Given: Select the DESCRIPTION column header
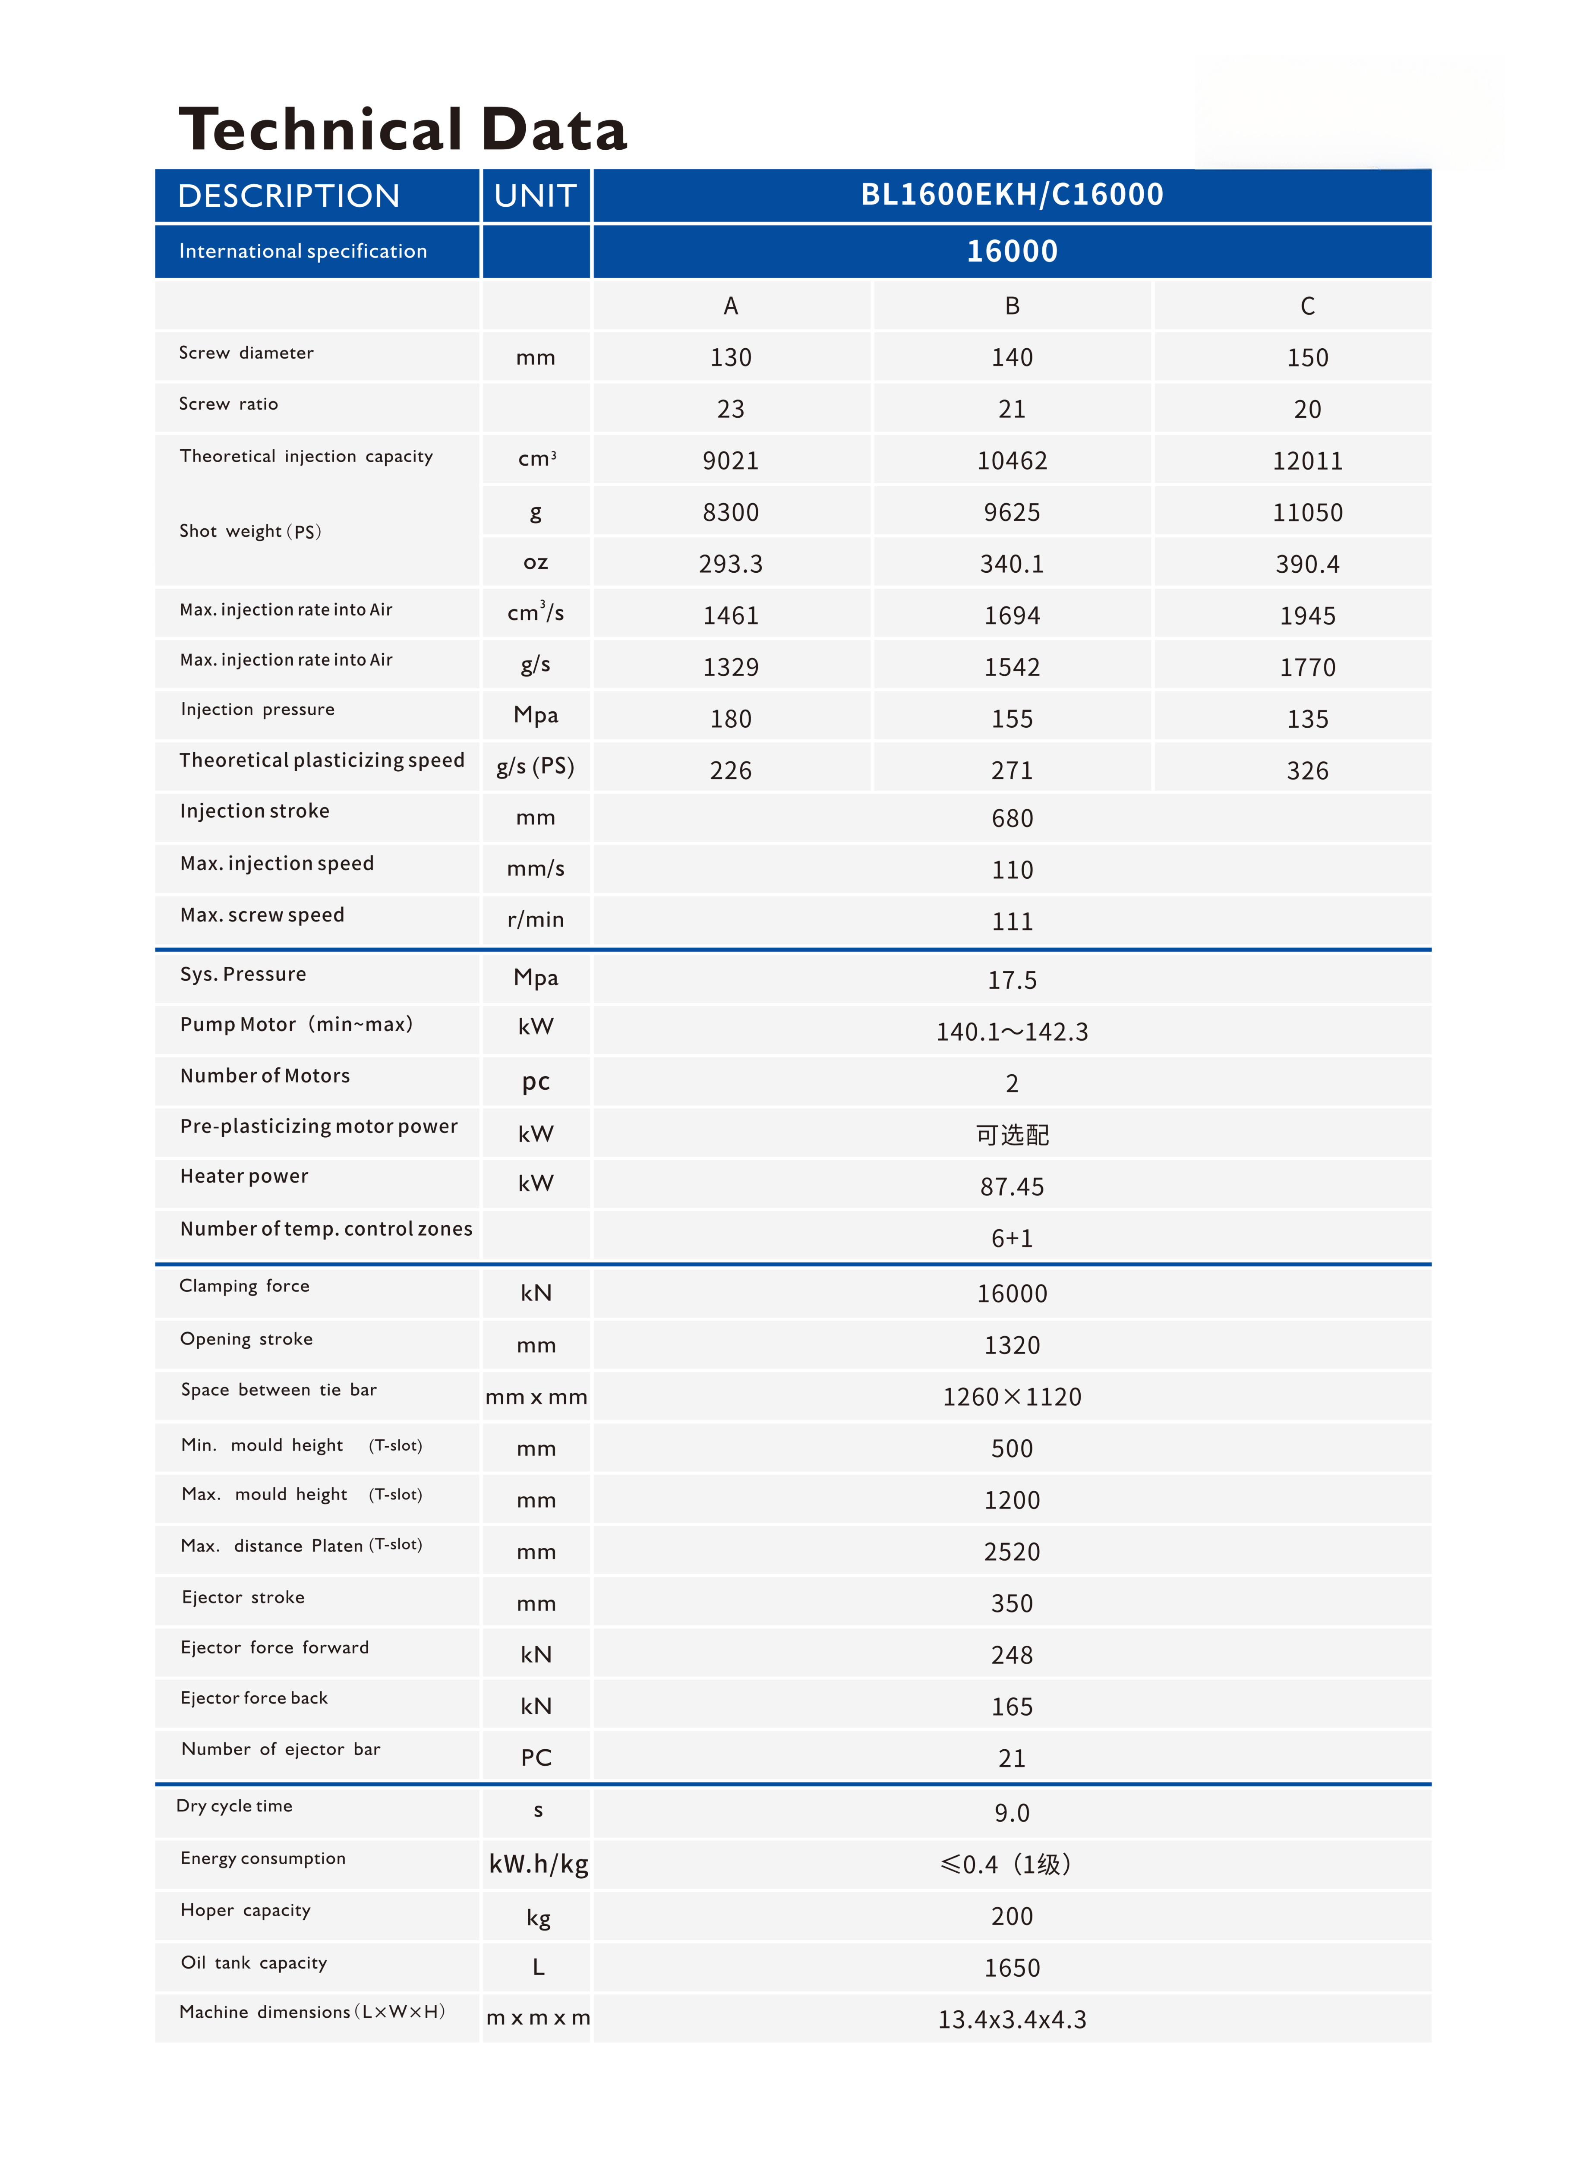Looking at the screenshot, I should [289, 196].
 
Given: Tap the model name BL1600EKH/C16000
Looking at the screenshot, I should [1012, 194].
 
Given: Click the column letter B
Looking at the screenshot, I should [1012, 306].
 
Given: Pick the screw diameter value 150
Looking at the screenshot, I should [1307, 358].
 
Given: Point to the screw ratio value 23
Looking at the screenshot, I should [731, 409].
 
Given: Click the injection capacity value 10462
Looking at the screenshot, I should [1012, 461].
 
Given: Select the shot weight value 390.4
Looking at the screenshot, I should [1307, 564].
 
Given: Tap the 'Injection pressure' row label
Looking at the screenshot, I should [258, 710].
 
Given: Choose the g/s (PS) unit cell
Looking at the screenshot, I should [535, 767].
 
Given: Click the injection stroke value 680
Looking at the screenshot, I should [1012, 818].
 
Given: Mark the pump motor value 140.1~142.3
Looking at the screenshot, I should [1012, 1032].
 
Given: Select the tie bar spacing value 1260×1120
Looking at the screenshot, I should [1012, 1397].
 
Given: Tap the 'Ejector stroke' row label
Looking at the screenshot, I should [243, 1597].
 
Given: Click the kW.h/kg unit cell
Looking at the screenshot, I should [538, 1865].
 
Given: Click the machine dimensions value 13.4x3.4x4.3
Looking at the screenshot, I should [1012, 2019].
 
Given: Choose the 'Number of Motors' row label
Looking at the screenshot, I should [265, 1076].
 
